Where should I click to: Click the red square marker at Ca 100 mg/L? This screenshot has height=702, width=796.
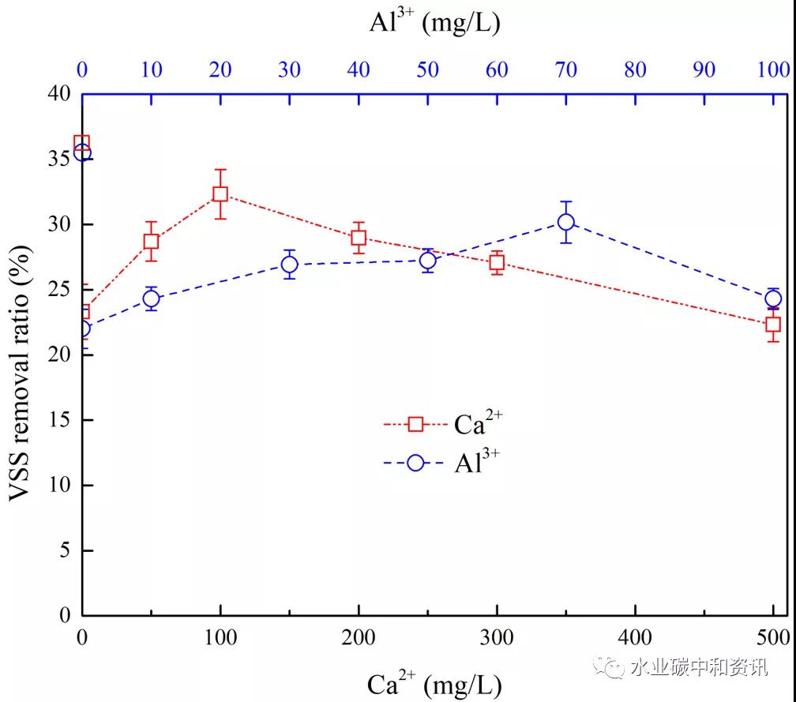click(220, 194)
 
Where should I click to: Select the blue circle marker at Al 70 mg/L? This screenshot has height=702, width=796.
click(565, 222)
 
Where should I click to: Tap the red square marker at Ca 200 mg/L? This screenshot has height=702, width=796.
click(359, 238)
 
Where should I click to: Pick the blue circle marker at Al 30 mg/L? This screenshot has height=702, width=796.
click(290, 265)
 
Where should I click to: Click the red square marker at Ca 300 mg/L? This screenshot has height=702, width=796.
click(497, 262)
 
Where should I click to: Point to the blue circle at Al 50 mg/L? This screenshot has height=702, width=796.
click(428, 260)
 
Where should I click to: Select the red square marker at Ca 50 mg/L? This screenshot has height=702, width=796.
click(151, 242)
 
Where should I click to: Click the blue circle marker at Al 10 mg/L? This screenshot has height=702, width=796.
click(151, 298)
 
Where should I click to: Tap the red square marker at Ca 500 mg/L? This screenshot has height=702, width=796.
click(773, 324)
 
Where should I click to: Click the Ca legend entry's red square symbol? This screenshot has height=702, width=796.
click(416, 424)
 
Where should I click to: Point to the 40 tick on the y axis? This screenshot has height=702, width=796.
click(65, 94)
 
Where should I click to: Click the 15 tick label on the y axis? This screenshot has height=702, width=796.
click(65, 420)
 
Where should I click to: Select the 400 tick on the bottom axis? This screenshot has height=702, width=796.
click(635, 637)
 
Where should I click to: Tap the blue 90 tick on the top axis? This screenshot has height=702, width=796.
click(704, 69)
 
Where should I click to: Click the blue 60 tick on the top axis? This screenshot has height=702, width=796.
click(497, 69)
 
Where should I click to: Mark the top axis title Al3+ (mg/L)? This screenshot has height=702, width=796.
click(435, 23)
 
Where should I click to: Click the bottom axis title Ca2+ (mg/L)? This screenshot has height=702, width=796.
click(434, 683)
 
